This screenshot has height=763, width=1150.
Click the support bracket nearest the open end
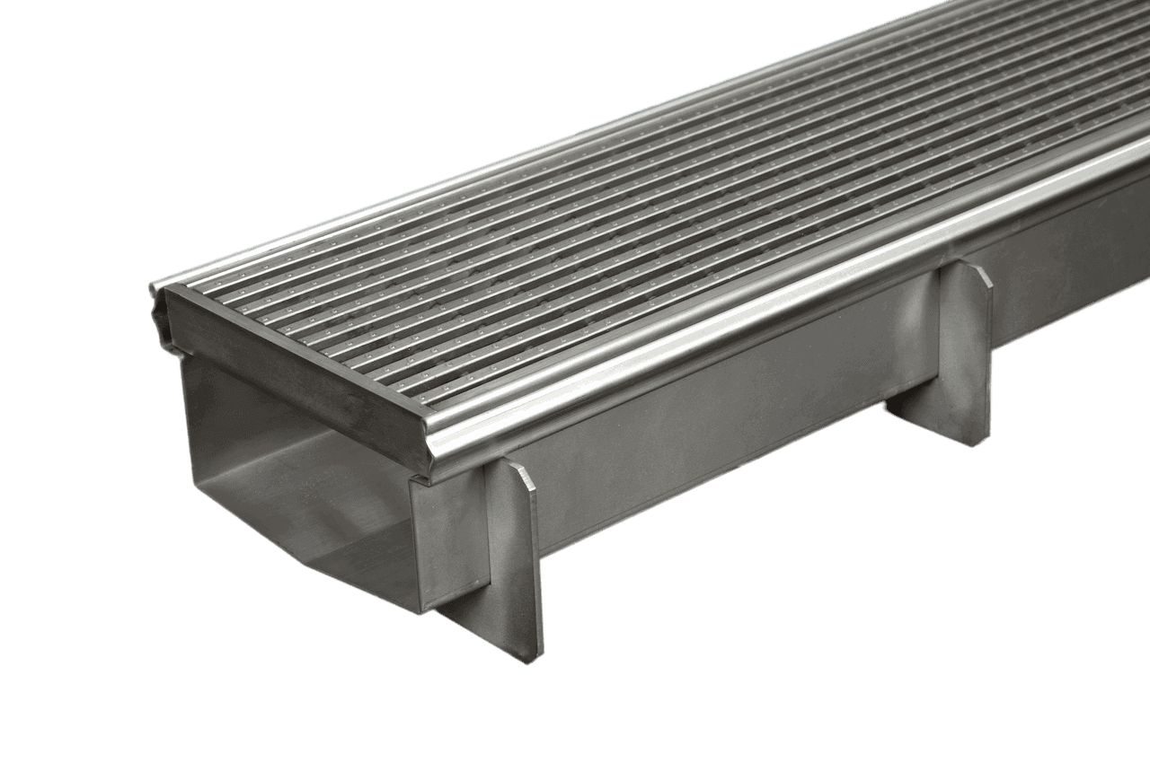click(x=517, y=557)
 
